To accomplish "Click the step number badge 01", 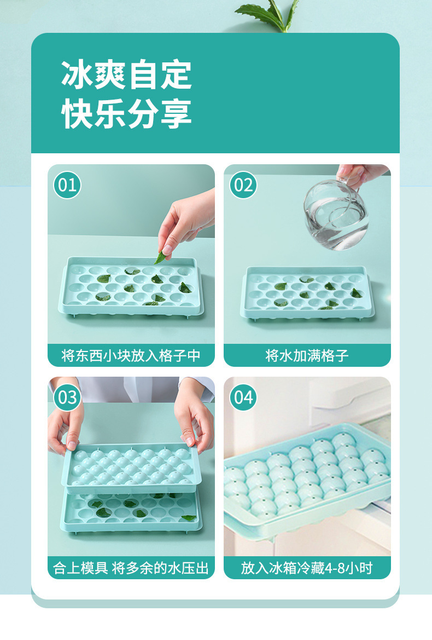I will pos(67,184).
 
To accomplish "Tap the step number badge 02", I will pos(243,184).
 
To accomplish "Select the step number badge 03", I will pos(67,397).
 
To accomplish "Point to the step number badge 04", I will pos(243,397).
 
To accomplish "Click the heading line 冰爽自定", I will pos(126,76).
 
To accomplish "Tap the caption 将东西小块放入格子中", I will pos(131,356).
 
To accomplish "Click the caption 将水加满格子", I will pos(307,356).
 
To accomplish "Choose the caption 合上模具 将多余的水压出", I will pos(131,568).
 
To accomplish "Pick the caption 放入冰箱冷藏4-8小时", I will pos(307,568).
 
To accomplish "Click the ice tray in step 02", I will pos(306,293).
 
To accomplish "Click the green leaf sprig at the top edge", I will pos(268,14).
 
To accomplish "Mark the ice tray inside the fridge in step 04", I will pos(306,476).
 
